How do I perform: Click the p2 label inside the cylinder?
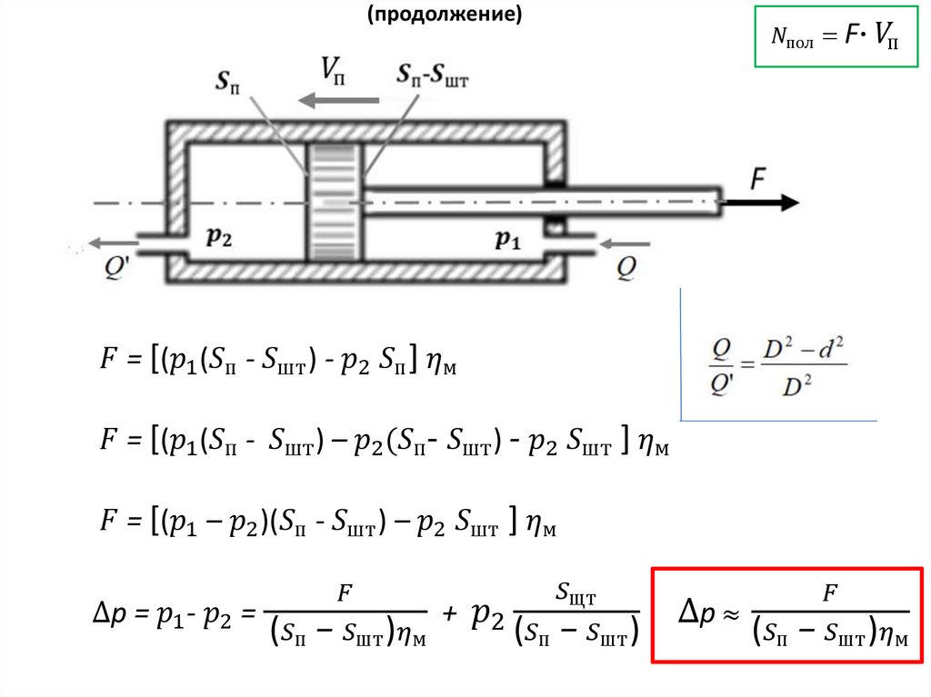pos(219,239)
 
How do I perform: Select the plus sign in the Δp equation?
pos(448,615)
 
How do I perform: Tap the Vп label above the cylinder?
pos(334,69)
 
